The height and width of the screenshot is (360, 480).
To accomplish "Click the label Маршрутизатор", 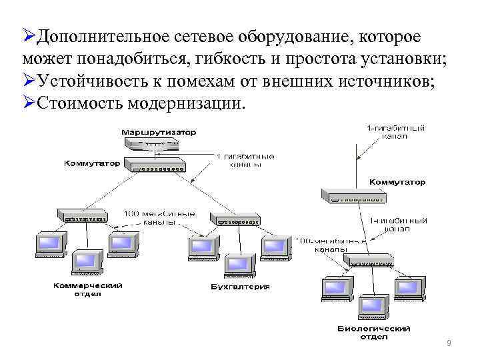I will [x=159, y=131].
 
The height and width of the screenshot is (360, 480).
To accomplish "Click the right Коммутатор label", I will [x=397, y=181].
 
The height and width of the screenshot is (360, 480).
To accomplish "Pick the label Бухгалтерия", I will [x=240, y=287].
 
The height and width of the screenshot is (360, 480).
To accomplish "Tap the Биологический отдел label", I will [x=373, y=332].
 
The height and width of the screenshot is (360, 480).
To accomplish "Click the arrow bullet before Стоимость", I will [x=29, y=103].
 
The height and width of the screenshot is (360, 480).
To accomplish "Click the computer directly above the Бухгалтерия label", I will [x=239, y=265].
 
